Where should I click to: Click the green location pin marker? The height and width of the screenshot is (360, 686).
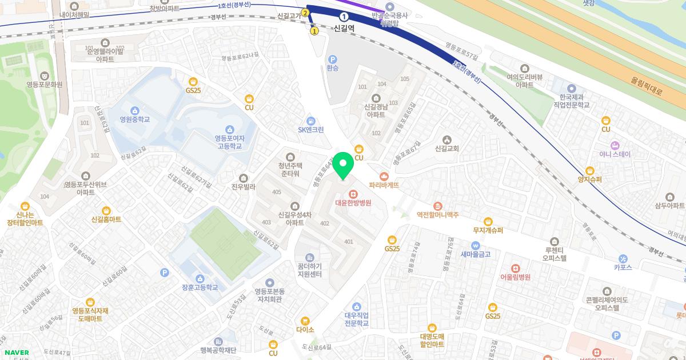tap(343, 166)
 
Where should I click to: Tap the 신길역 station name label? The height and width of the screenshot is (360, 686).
tap(344, 27)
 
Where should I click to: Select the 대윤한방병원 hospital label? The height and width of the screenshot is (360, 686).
tap(353, 202)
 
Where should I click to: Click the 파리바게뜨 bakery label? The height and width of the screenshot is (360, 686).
tap(384, 185)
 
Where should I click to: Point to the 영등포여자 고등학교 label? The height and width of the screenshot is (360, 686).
tap(229, 142)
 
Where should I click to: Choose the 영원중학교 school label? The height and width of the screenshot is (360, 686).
tap(134, 119)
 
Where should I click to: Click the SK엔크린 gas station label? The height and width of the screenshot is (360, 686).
tap(310, 129)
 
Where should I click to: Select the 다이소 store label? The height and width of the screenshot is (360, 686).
tap(305, 329)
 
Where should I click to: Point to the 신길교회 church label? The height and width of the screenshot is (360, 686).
tap(447, 149)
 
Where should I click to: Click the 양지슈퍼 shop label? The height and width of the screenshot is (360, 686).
tap(590, 179)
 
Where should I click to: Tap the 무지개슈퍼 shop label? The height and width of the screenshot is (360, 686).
tap(488, 230)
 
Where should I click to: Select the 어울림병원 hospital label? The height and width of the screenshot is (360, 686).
tap(515, 277)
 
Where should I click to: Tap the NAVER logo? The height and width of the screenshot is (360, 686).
tap(16, 353)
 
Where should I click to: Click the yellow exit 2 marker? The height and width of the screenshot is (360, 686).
tap(305, 13)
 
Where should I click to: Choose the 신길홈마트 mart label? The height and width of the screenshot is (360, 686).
tap(106, 219)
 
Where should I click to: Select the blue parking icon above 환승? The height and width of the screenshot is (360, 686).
tap(333, 59)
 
